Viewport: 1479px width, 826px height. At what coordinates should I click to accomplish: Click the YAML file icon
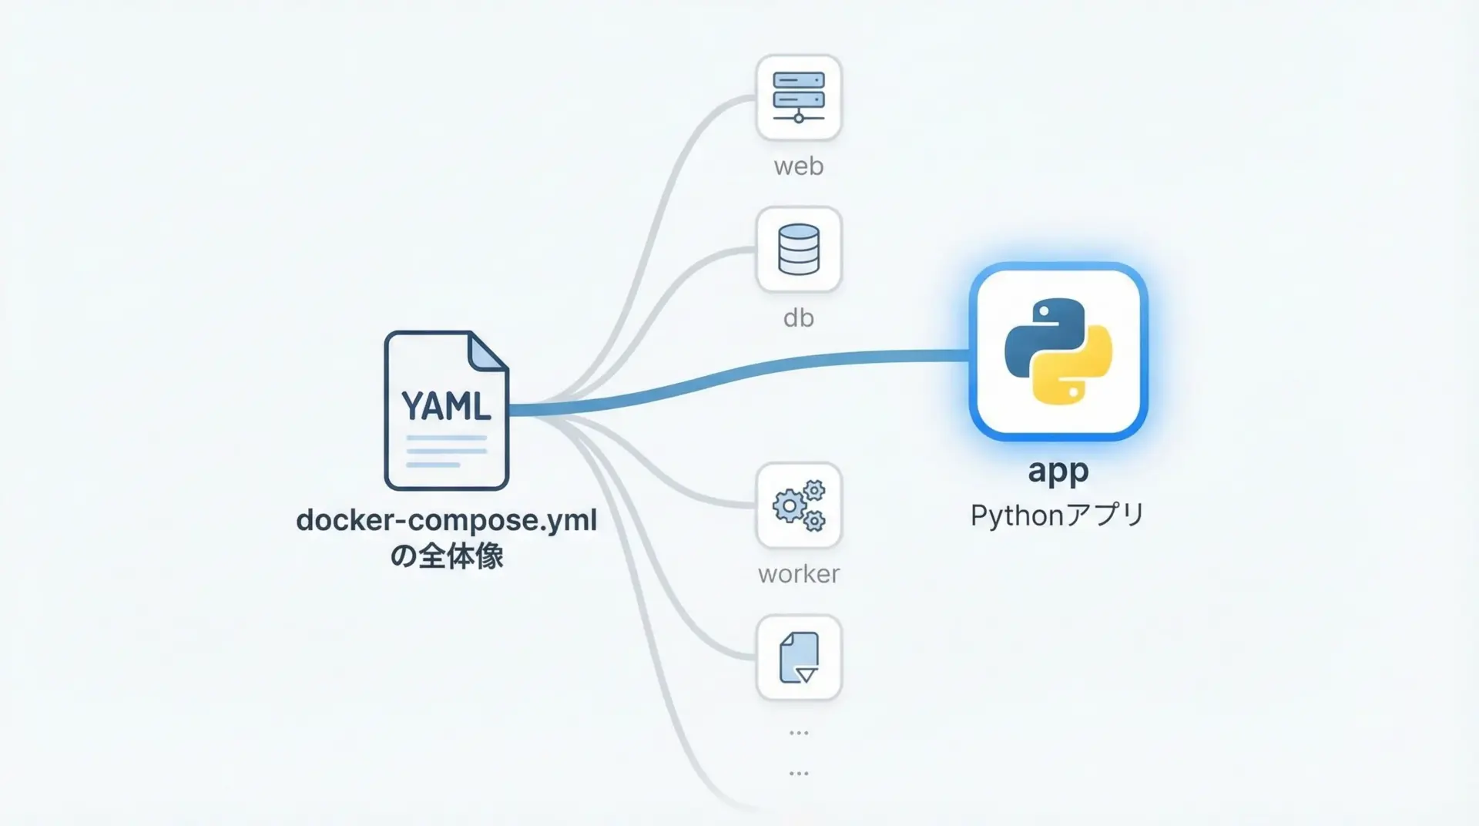pyautogui.click(x=446, y=411)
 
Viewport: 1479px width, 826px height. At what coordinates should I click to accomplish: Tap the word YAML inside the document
pyautogui.click(x=446, y=406)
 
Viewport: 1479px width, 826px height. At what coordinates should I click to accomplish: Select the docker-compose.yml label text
pyautogui.click(x=446, y=520)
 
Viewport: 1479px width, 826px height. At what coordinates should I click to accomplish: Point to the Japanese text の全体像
pyautogui.click(x=446, y=556)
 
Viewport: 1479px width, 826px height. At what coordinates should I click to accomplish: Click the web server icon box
pyautogui.click(x=799, y=97)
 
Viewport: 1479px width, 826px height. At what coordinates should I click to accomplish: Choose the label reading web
pyautogui.click(x=799, y=166)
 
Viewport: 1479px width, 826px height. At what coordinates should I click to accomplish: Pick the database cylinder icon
pyautogui.click(x=799, y=249)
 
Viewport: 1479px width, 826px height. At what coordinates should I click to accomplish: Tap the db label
pyautogui.click(x=799, y=317)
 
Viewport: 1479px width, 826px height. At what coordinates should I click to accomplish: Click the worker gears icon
pyautogui.click(x=799, y=505)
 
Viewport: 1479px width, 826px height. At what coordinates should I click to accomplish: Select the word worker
pyautogui.click(x=799, y=574)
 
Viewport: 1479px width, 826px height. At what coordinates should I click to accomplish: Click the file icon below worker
pyautogui.click(x=799, y=657)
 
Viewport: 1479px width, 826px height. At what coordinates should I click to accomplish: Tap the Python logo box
pyautogui.click(x=1058, y=351)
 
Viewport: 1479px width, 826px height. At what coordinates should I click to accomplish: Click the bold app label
pyautogui.click(x=1058, y=471)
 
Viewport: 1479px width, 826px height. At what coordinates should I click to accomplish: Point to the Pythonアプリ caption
pyautogui.click(x=1058, y=515)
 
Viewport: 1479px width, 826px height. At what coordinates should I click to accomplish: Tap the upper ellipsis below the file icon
pyautogui.click(x=799, y=733)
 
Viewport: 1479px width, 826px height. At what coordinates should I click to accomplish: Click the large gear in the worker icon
pyautogui.click(x=788, y=507)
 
